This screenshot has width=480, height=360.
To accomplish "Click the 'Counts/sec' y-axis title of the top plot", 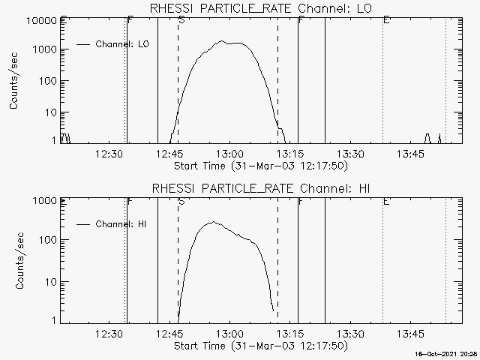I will click(x=14, y=82).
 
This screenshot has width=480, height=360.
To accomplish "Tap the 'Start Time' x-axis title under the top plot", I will click(x=259, y=166).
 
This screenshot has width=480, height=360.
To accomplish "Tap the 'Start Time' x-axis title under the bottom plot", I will click(x=259, y=346).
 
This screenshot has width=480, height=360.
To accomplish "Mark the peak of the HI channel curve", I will click(x=213, y=222).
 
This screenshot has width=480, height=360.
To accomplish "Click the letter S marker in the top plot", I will click(x=181, y=20).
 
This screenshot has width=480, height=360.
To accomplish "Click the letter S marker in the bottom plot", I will click(x=181, y=201).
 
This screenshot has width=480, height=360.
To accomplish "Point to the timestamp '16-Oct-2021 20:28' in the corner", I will click(x=448, y=353).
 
